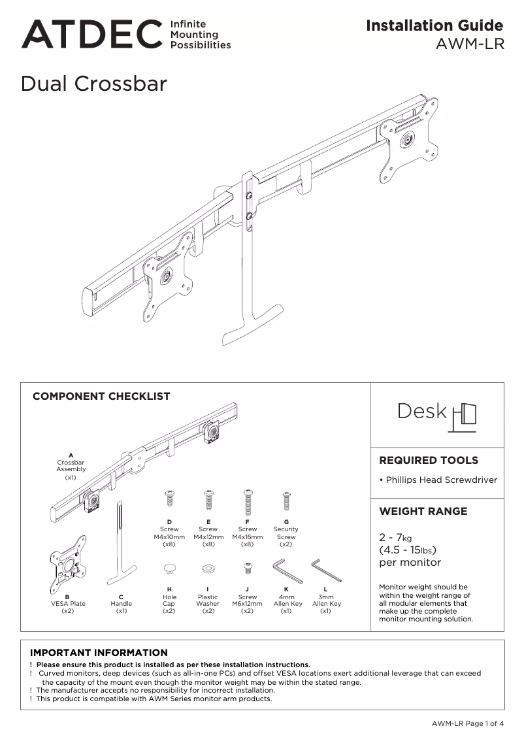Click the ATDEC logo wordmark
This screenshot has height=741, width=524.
(91, 35)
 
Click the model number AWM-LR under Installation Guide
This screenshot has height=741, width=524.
(469, 46)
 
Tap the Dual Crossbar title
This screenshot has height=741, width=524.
(94, 84)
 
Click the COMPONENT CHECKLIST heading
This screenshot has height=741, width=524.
(101, 396)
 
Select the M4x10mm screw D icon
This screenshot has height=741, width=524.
(169, 499)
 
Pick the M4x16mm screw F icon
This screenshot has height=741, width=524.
(248, 502)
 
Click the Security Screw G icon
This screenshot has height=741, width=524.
(286, 501)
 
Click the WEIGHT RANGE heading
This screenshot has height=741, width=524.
(423, 511)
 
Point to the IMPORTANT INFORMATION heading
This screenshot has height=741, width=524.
(99, 653)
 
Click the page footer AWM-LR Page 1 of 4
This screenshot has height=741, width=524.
(467, 723)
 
